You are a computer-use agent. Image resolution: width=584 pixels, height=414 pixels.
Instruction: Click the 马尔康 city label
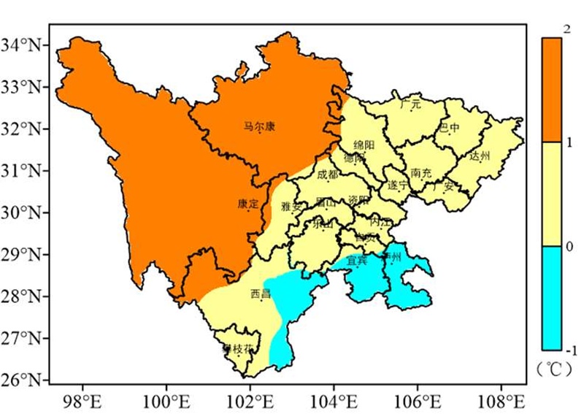point(259,126)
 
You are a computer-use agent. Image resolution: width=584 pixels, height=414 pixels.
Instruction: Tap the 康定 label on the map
point(248,205)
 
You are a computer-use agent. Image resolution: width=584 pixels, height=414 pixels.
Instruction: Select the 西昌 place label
point(261,294)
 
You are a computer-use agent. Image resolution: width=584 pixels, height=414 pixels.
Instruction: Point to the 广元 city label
point(411,104)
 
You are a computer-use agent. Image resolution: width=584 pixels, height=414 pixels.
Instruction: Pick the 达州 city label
point(480,156)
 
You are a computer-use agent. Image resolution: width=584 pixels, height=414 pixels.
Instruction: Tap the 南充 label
point(421,174)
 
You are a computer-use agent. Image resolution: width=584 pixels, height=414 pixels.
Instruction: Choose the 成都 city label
point(328,175)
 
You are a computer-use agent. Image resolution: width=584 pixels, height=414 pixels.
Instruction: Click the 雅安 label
point(291,207)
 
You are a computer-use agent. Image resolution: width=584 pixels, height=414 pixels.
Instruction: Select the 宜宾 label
point(356,259)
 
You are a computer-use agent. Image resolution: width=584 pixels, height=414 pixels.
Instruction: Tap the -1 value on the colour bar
point(567,349)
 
